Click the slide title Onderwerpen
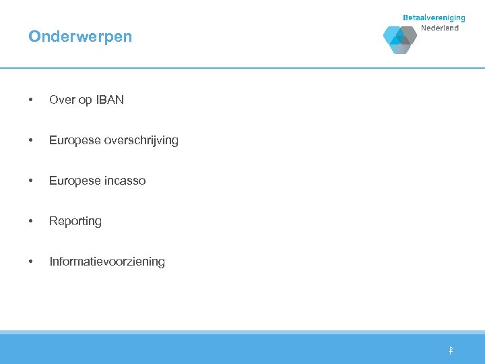(80, 37)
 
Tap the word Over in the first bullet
(62, 100)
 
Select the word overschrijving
(142, 141)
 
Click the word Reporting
(75, 222)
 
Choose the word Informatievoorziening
(107, 262)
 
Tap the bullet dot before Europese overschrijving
(30, 141)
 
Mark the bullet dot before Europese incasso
(30, 181)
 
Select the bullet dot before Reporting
(30, 221)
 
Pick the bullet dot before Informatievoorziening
(30, 262)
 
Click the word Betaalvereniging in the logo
(434, 18)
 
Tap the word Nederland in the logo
(440, 28)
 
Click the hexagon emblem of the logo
(400, 39)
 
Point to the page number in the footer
(451, 351)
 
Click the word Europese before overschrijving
(75, 141)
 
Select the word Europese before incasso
(75, 181)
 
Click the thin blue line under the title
(243, 68)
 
